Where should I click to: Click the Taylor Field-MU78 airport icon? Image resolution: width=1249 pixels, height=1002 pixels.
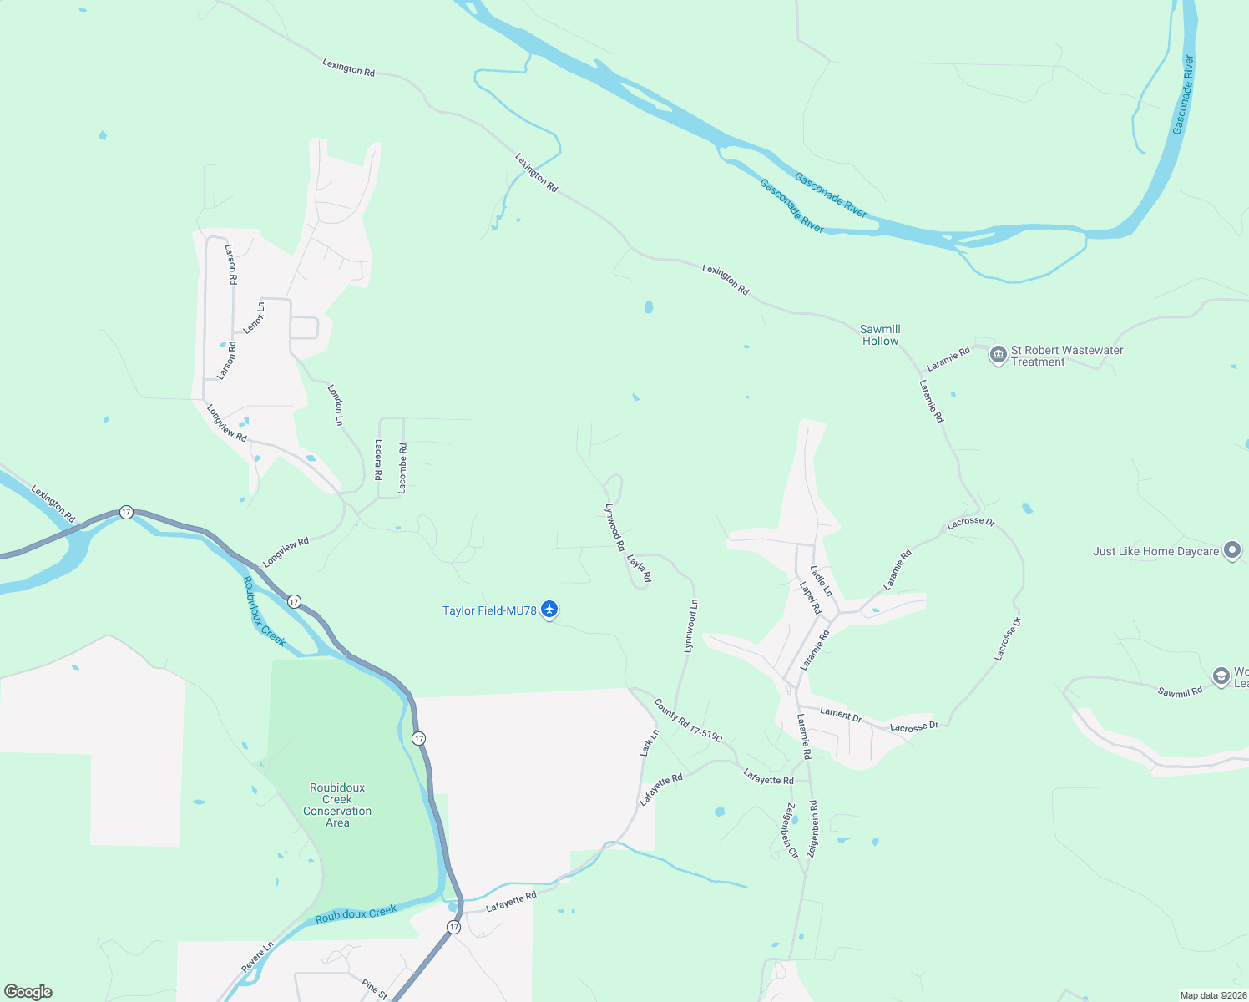click(549, 610)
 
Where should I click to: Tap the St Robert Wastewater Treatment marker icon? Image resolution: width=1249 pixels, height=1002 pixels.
click(998, 356)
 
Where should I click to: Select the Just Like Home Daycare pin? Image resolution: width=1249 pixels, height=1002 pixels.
click(1231, 551)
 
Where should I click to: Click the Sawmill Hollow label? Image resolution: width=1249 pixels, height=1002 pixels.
click(880, 335)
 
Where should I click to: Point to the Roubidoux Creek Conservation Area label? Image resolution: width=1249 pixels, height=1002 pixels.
click(337, 805)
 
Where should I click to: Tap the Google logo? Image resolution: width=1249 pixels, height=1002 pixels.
click(28, 992)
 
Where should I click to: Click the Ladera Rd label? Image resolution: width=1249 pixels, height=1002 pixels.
click(378, 459)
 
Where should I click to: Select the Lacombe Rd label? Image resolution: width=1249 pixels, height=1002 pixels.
click(402, 468)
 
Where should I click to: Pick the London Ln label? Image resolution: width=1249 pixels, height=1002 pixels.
click(335, 405)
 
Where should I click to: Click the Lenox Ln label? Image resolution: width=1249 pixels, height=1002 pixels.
click(254, 317)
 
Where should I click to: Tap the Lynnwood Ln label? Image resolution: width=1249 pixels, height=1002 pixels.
click(690, 625)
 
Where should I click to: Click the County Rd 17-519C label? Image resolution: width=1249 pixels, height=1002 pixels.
click(688, 721)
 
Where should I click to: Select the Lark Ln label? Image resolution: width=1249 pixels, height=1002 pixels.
click(650, 742)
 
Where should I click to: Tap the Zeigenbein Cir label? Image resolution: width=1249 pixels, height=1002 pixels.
click(790, 830)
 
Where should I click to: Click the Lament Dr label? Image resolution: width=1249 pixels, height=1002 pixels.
click(841, 714)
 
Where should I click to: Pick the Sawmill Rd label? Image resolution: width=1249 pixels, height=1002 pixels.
click(1180, 691)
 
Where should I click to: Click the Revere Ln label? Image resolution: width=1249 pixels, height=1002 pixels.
click(257, 956)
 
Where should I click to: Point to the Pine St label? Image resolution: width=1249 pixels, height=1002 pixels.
click(374, 989)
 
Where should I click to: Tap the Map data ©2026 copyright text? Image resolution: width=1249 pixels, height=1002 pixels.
click(1213, 995)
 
